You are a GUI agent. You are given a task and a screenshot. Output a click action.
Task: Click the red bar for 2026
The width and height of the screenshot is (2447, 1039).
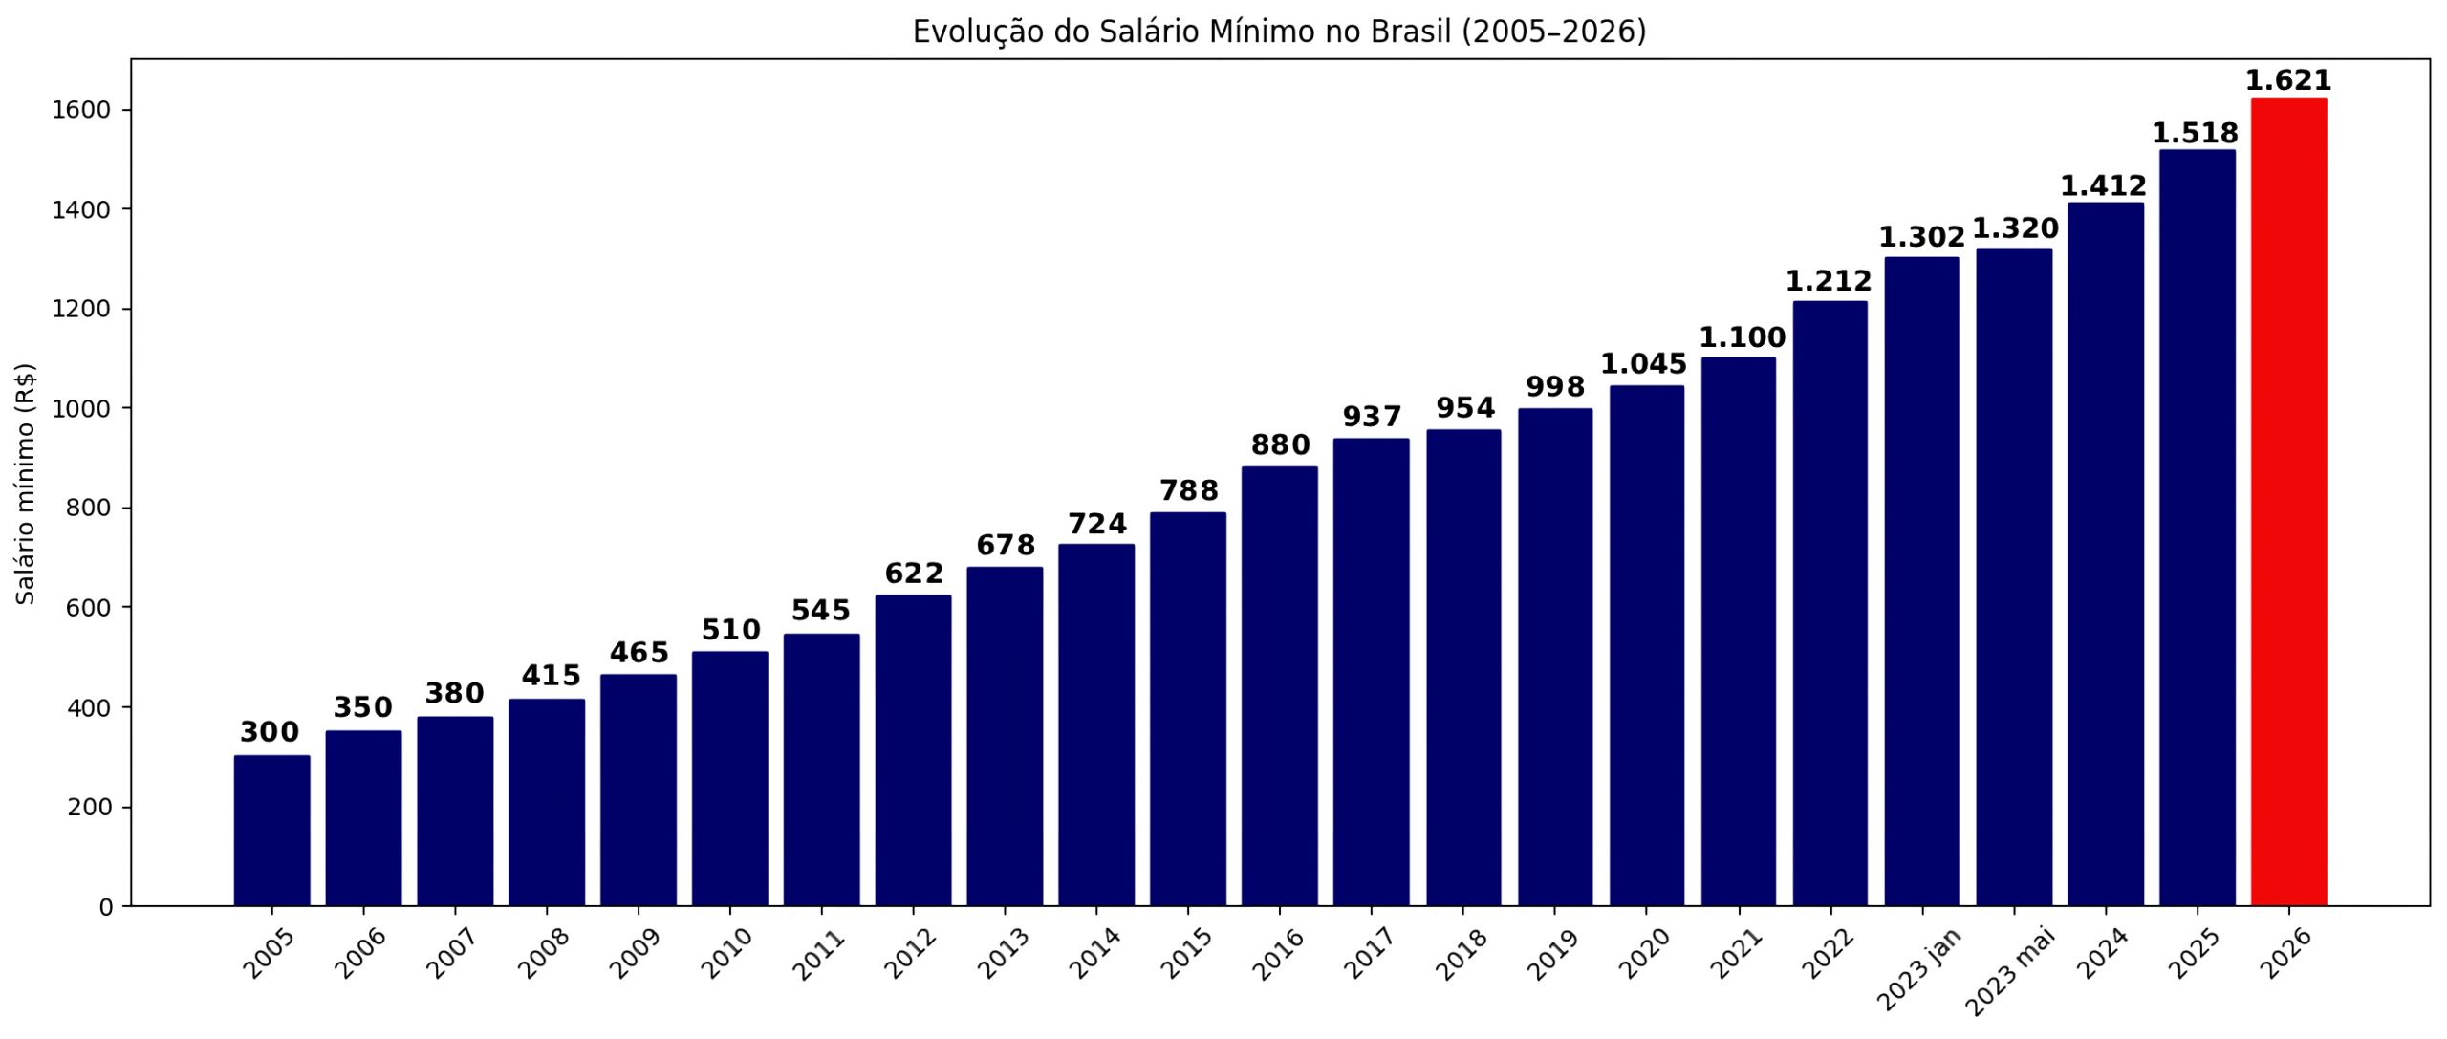[2288, 502]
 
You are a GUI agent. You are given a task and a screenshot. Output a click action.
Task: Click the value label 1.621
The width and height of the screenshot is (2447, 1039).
[2288, 80]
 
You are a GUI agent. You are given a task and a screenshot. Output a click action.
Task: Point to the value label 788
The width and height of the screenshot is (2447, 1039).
[1188, 490]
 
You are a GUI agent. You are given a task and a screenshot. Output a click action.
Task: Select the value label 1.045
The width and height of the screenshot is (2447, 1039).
[1644, 364]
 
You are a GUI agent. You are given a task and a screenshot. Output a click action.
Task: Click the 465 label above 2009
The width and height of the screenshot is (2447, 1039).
[639, 653]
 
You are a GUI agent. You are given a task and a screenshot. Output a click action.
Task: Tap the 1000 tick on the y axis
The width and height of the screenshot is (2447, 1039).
[81, 408]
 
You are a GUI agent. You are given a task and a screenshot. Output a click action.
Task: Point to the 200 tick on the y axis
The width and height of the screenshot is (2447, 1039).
[90, 807]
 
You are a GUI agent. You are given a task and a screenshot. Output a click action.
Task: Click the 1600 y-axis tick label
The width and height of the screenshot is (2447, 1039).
[81, 110]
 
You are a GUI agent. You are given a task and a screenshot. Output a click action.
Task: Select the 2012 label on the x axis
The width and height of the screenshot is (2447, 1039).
[910, 954]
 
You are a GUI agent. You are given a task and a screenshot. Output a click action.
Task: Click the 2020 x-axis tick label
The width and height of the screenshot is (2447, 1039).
[1643, 954]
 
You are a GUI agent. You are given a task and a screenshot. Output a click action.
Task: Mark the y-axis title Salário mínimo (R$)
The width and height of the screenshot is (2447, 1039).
[26, 483]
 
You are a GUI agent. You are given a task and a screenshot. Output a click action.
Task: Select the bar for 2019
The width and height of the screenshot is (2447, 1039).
[1554, 657]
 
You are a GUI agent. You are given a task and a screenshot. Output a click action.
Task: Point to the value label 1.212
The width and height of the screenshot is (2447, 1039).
[1829, 281]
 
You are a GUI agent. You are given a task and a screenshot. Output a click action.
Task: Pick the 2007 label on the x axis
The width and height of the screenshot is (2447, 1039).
[452, 954]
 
